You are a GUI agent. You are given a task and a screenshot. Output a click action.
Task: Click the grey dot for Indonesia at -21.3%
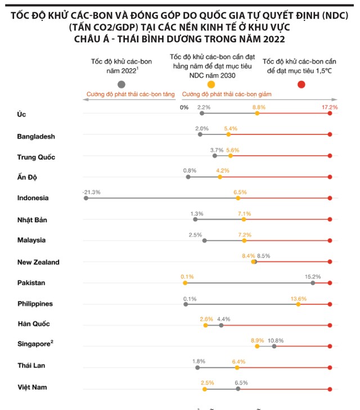85,198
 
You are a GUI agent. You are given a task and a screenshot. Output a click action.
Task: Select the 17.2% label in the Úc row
330,107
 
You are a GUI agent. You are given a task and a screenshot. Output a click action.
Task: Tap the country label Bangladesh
36,136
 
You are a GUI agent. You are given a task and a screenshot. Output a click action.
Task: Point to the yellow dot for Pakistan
184,283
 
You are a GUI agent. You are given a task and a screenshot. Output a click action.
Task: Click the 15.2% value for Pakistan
312,276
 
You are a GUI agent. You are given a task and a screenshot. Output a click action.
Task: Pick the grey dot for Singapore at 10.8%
274,346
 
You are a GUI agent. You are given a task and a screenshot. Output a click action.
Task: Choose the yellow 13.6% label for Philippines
298,298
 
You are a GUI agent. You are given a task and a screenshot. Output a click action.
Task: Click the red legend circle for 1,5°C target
301,84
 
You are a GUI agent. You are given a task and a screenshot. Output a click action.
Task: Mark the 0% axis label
184,107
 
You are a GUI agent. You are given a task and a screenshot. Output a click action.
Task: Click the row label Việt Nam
31,387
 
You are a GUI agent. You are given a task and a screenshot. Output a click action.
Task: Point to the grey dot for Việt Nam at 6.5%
238,389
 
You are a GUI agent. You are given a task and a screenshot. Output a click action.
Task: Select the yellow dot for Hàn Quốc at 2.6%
205,325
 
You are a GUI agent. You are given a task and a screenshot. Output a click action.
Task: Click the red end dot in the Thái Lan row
330,368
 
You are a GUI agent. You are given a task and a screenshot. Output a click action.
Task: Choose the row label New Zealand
38,262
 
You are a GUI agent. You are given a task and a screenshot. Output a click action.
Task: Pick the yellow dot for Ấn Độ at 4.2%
220,177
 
